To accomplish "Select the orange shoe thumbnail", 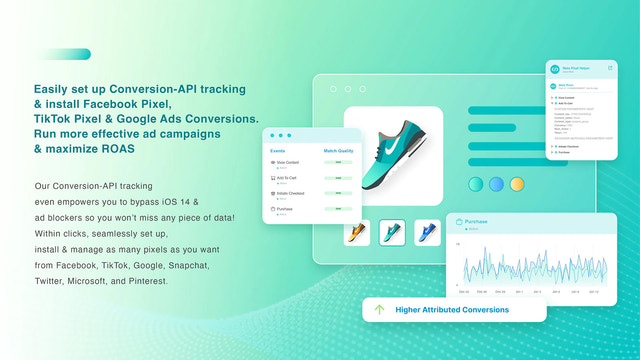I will (357, 233).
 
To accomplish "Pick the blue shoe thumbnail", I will (427, 233).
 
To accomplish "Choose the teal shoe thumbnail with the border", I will (392, 233).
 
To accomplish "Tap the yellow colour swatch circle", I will (517, 184).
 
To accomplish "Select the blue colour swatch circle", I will (497, 184).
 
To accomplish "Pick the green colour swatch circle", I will (477, 184).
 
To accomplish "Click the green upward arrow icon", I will (379, 310).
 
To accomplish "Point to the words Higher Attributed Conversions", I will (451, 310).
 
